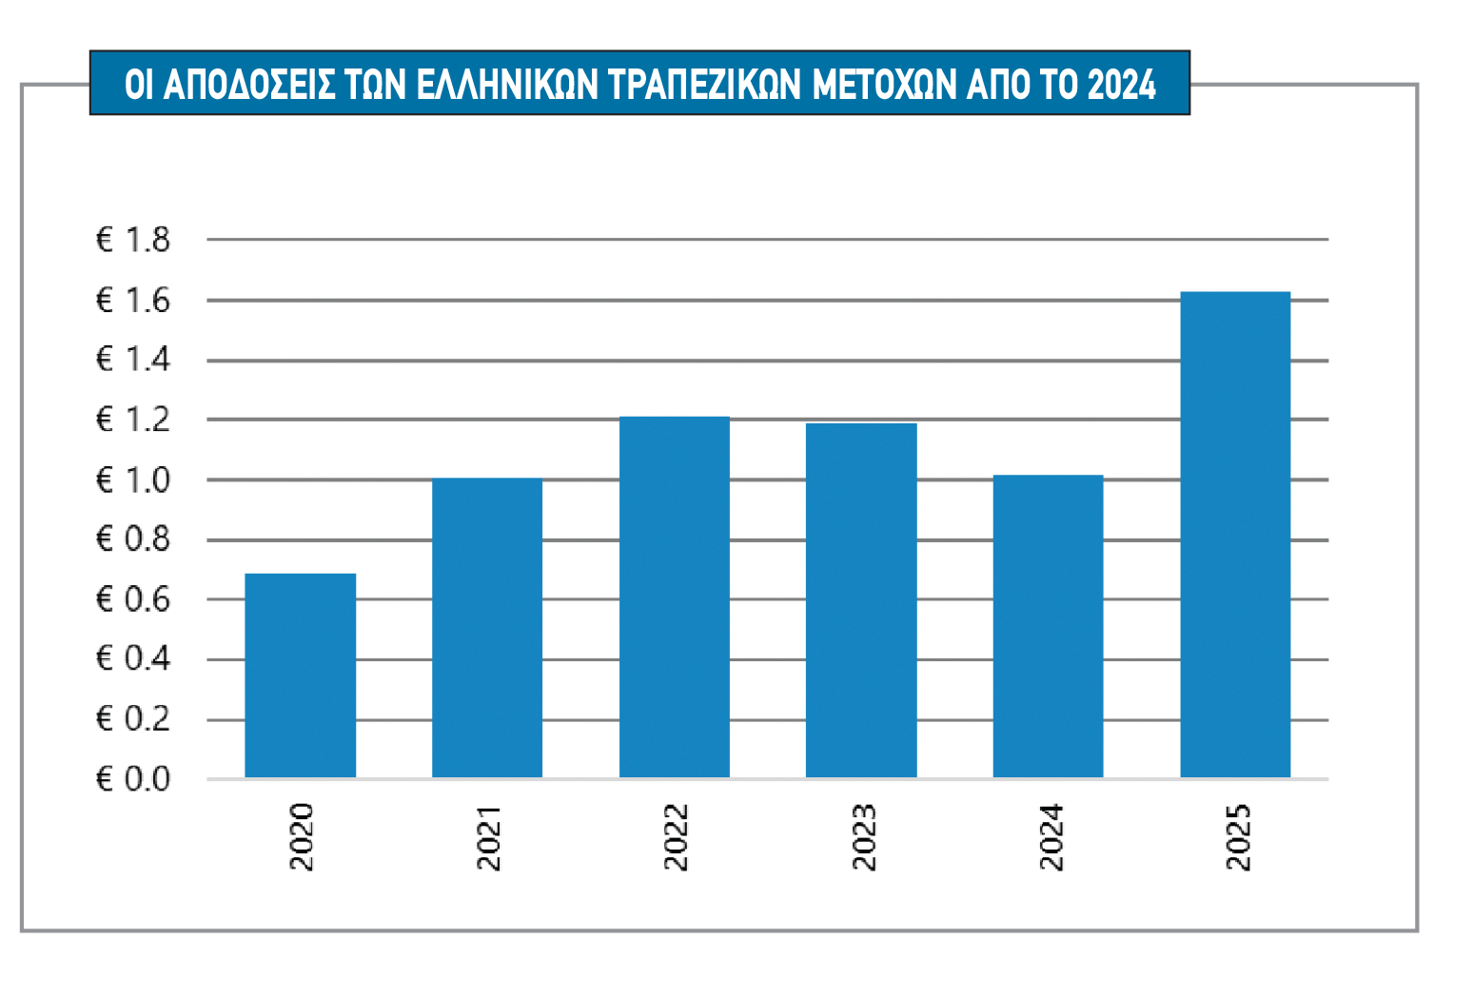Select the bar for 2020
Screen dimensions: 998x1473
[300, 675]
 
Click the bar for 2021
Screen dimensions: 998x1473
[486, 628]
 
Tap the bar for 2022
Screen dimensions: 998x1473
[674, 597]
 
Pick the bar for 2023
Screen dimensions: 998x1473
[861, 600]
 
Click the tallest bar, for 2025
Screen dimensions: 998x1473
[1235, 535]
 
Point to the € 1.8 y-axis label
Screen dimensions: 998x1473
[133, 240]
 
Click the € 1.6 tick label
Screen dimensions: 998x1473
[133, 301]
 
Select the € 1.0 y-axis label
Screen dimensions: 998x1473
[133, 480]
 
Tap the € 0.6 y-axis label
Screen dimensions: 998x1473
[133, 599]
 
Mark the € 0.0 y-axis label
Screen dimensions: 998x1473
[133, 779]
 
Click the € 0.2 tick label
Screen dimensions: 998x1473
[133, 719]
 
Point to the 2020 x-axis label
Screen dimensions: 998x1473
[301, 836]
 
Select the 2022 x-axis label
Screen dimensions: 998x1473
[675, 836]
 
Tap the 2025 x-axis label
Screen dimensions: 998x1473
[1237, 836]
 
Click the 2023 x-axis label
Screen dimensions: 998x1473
[863, 836]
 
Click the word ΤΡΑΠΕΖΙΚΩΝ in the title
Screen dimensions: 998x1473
[704, 85]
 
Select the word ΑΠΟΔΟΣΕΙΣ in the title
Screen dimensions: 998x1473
[249, 85]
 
